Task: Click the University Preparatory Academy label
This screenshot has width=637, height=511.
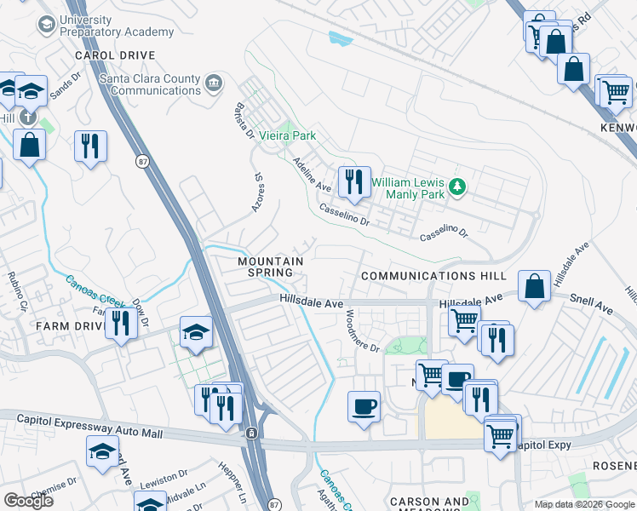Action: (x=115, y=26)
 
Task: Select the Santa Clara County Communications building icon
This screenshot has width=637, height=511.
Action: (x=214, y=84)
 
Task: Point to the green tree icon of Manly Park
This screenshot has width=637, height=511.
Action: (x=458, y=185)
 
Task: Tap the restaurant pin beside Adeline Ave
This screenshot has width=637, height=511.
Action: (x=354, y=181)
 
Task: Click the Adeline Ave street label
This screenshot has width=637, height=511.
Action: (x=312, y=174)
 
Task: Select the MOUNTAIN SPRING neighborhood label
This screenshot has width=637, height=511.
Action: (x=271, y=267)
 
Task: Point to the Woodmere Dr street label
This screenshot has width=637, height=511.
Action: (x=361, y=330)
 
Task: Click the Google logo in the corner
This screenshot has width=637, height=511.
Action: (x=28, y=500)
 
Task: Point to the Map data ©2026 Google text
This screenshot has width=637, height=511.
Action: (x=583, y=504)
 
